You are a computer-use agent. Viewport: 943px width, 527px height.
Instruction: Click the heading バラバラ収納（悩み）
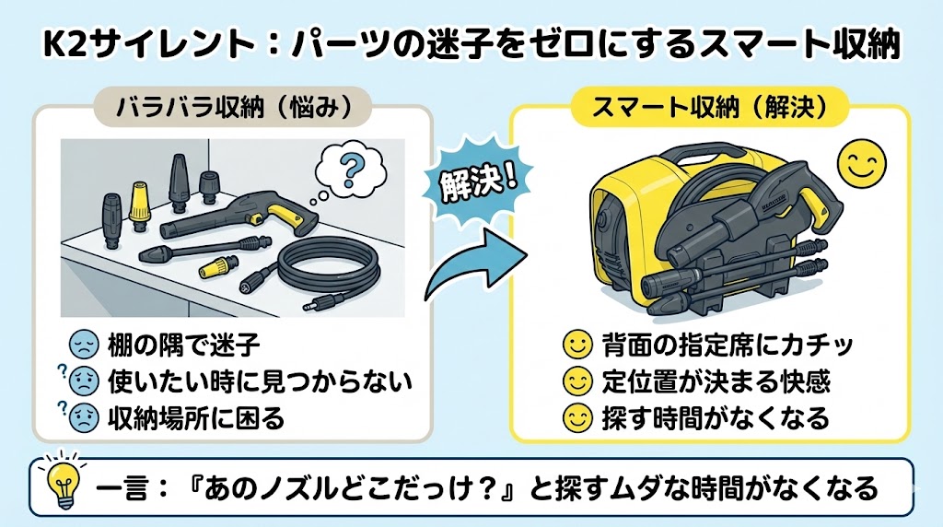pyautogui.click(x=233, y=108)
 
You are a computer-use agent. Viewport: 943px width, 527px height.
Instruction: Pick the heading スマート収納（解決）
pyautogui.click(x=710, y=108)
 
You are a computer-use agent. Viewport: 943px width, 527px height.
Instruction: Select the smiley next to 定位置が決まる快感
pyautogui.click(x=576, y=381)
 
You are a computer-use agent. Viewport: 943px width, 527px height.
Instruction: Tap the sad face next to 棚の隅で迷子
pyautogui.click(x=85, y=346)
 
